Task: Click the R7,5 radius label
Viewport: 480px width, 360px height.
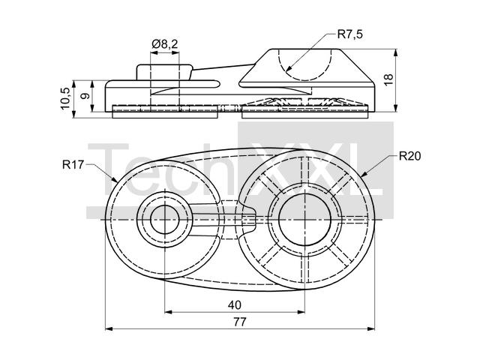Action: click(350, 34)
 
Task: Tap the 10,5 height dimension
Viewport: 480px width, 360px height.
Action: click(66, 97)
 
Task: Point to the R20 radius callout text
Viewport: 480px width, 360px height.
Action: click(410, 157)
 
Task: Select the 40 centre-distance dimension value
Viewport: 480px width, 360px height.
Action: click(234, 304)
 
